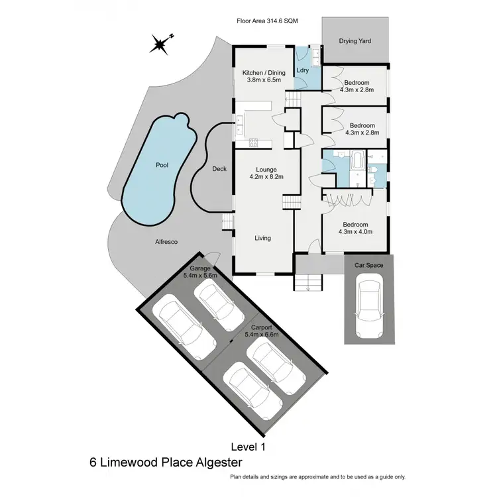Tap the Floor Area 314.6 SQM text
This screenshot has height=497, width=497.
[x=267, y=21]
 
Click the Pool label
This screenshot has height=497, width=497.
[x=160, y=165]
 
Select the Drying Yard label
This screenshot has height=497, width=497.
[x=355, y=41]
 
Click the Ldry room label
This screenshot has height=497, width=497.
[x=302, y=70]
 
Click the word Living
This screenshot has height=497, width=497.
[x=263, y=238]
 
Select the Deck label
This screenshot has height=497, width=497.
[x=219, y=169]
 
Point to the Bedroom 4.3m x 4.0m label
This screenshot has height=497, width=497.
[x=356, y=228]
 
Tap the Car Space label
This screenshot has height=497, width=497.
[x=368, y=265]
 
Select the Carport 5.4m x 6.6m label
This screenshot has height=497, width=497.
[x=262, y=331]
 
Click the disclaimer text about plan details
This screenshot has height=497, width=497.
[x=317, y=477]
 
